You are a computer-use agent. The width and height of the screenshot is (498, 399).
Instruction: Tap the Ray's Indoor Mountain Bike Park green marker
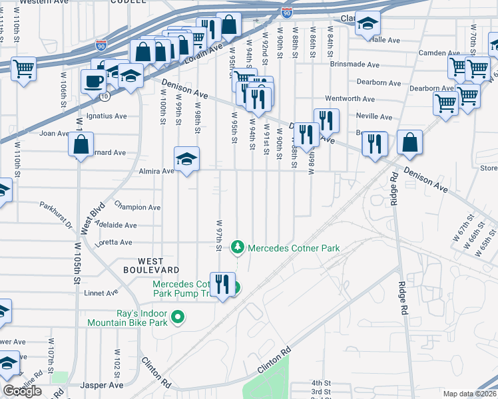pyautogui.click(x=177, y=317)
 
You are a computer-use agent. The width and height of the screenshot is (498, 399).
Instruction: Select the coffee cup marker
pyautogui.click(x=93, y=81)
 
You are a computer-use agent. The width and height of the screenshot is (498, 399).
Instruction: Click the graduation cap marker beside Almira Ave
pyautogui.click(x=187, y=158)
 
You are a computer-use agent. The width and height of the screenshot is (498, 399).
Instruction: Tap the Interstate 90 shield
pyautogui.click(x=286, y=13)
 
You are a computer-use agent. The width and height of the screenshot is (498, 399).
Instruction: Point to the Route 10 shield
pyautogui.click(x=105, y=96)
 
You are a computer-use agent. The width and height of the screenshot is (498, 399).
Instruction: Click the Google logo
pyautogui.click(x=22, y=391)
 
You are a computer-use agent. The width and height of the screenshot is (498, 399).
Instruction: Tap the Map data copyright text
pyautogui.click(x=469, y=394)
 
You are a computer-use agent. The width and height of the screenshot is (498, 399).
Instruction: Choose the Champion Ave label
pyautogui.click(x=138, y=207)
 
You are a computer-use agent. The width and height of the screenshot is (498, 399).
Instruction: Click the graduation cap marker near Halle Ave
pyautogui.click(x=367, y=24)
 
